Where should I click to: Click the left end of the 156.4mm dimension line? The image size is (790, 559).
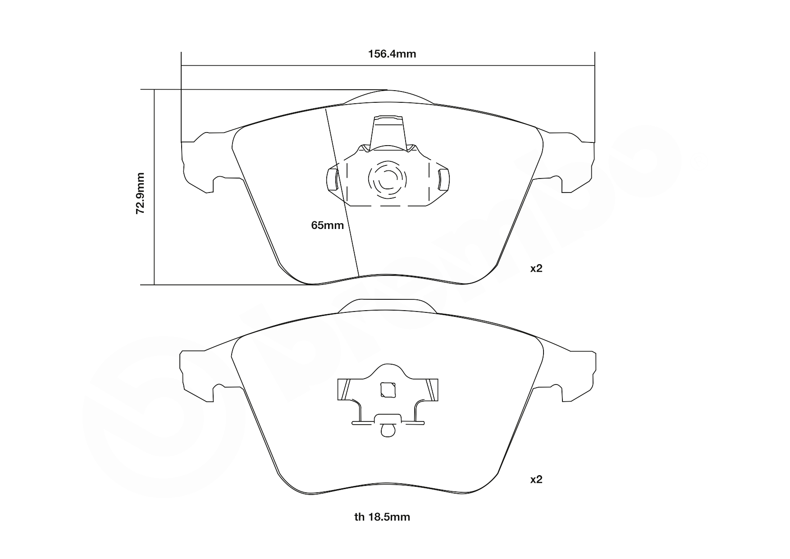pyautogui.click(x=181, y=66)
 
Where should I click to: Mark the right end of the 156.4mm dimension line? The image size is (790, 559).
pyautogui.click(x=595, y=66)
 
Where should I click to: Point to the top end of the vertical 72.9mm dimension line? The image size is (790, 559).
pyautogui.click(x=154, y=90)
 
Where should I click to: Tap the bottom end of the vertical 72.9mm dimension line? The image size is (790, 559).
pyautogui.click(x=154, y=285)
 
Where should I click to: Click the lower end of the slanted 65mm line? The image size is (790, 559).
pyautogui.click(x=359, y=276)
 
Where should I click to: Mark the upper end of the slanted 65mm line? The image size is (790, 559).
pyautogui.click(x=326, y=109)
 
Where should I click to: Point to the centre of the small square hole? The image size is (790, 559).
pyautogui.click(x=388, y=390)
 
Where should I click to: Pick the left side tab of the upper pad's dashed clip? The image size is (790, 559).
pyautogui.click(x=332, y=179)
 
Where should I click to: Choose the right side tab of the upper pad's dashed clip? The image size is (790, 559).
pyautogui.click(x=443, y=179)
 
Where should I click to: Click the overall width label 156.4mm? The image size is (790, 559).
pyautogui.click(x=392, y=54)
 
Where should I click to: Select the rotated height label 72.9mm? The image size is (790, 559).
pyautogui.click(x=141, y=192)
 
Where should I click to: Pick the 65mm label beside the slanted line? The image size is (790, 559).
pyautogui.click(x=328, y=225)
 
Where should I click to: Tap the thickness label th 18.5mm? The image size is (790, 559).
pyautogui.click(x=382, y=517)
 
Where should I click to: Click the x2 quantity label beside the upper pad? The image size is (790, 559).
pyautogui.click(x=536, y=269)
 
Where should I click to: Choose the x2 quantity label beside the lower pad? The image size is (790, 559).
pyautogui.click(x=536, y=480)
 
